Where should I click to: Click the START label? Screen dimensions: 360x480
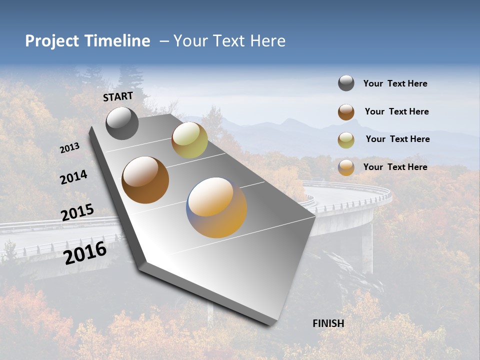point(118,96)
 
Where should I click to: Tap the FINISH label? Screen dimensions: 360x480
point(328,323)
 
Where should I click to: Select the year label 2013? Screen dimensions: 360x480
point(70,148)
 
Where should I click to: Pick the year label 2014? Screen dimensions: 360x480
point(74,177)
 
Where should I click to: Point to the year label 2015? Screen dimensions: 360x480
point(77,212)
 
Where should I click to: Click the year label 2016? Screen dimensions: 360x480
point(85,253)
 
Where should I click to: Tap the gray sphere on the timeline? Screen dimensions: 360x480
point(122,123)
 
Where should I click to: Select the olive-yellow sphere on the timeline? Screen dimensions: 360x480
point(189,140)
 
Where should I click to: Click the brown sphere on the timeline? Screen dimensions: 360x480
point(145,180)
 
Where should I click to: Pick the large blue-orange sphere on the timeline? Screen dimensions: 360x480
point(216,207)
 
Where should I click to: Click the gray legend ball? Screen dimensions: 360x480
point(346,83)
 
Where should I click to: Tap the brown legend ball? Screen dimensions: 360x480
point(346,112)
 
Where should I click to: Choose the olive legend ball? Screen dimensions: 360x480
point(346,140)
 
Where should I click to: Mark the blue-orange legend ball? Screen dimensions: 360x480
point(346,167)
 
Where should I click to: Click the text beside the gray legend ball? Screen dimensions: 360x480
point(395,84)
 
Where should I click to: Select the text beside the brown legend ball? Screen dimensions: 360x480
point(396,111)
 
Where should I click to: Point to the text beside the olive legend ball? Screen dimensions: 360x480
point(397,139)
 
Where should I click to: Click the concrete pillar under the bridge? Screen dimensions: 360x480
point(367,247)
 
